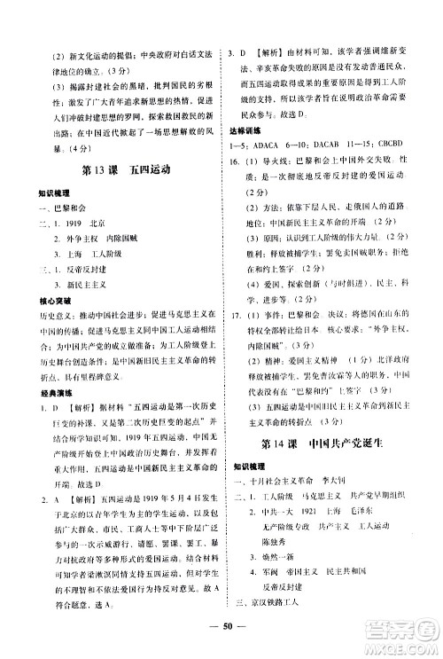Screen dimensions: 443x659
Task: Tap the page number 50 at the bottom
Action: [x=221, y=643]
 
